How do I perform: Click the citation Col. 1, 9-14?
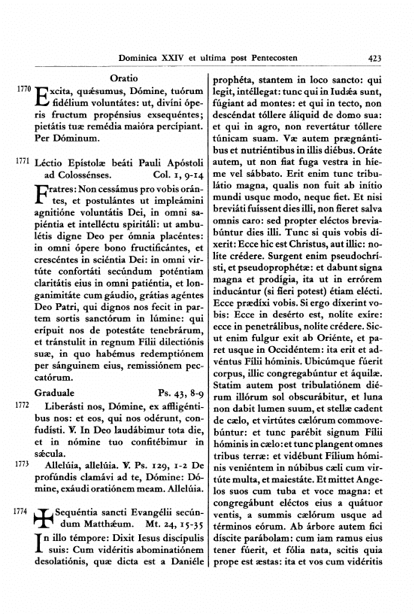(x=177, y=175)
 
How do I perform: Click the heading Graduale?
(x=56, y=393)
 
